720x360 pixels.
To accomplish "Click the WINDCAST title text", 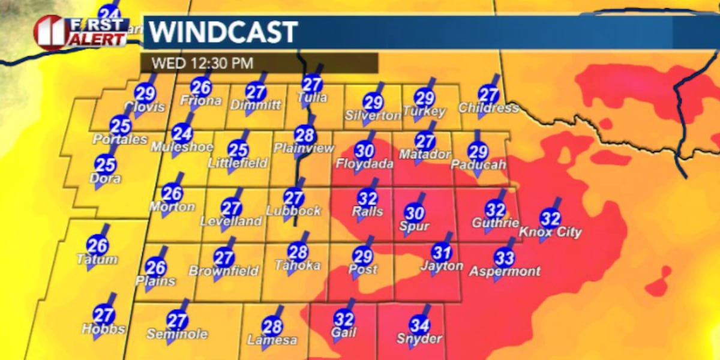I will pyautogui.click(x=223, y=32).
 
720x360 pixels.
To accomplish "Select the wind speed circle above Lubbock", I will pyautogui.click(x=294, y=197).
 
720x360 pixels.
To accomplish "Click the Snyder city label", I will pyautogui.click(x=419, y=339).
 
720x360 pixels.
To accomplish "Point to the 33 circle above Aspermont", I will pyautogui.click(x=505, y=258).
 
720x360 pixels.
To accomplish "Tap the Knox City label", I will pyautogui.click(x=550, y=232).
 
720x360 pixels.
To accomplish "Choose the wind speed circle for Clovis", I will pyautogui.click(x=145, y=93).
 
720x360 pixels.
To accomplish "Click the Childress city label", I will pyautogui.click(x=488, y=108).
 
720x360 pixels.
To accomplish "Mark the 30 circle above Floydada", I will pyautogui.click(x=365, y=149).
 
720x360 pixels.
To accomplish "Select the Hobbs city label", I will pyautogui.click(x=104, y=329).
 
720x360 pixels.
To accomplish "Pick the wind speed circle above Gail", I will pyautogui.click(x=344, y=319).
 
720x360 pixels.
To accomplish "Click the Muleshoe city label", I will pyautogui.click(x=182, y=147).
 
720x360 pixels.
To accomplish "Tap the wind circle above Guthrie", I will pyautogui.click(x=496, y=210).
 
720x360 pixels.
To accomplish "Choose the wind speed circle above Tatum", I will pyautogui.click(x=97, y=245).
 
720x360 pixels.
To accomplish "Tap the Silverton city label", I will pyautogui.click(x=373, y=115).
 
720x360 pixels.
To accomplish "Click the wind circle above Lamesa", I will pyautogui.click(x=272, y=326).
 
